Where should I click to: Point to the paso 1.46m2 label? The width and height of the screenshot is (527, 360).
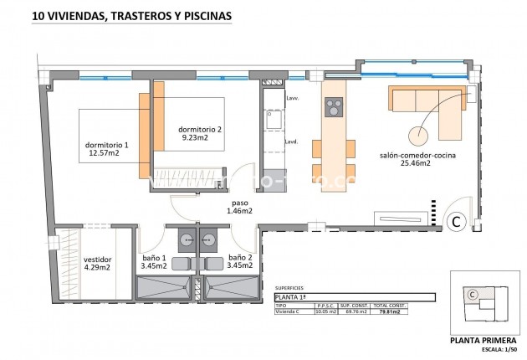tap(239, 207)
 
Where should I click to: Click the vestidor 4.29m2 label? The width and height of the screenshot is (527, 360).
tap(97, 264)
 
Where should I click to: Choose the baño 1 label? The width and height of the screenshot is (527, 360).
tap(154, 261)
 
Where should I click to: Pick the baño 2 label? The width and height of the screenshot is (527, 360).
tap(240, 261)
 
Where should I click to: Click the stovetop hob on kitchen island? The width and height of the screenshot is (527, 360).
tap(334, 107)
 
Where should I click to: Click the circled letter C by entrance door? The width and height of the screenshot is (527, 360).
tap(457, 222)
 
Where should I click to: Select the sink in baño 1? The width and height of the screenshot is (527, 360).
tap(183, 237)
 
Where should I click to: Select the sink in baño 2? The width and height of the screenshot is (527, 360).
tap(209, 237)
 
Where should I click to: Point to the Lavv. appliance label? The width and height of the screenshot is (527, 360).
tap(292, 99)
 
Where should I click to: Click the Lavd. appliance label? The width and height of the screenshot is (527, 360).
tap(292, 141)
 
